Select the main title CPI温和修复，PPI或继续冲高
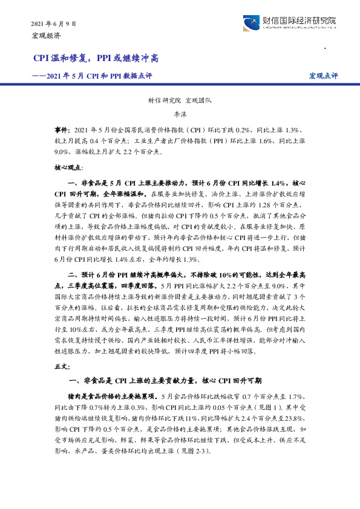(x=96, y=59)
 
